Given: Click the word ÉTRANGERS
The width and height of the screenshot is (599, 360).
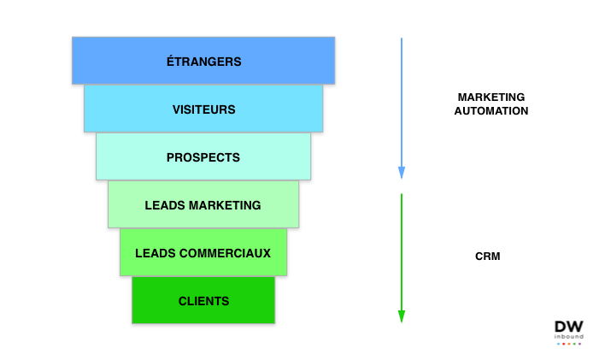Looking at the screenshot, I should (203, 62).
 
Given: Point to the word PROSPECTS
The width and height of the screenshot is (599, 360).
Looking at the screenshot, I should (203, 157).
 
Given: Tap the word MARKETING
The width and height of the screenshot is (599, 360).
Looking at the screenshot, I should (226, 205).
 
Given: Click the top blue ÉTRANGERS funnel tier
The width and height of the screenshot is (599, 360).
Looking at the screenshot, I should (103, 62).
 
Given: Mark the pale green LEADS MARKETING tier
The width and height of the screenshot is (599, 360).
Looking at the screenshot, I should (124, 205).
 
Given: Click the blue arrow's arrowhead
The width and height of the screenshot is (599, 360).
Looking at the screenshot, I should (402, 173).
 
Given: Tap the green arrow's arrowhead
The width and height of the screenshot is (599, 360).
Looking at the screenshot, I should (402, 316).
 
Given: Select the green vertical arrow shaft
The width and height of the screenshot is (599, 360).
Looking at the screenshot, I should (402, 248).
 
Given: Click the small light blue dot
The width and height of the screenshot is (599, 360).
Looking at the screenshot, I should (558, 344).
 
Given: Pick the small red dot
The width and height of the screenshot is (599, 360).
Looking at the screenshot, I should (563, 344).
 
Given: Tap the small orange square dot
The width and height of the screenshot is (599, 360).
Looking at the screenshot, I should (569, 344).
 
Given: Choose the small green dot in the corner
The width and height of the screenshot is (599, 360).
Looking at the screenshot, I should (574, 344).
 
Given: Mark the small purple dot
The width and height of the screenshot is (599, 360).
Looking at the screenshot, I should (579, 344).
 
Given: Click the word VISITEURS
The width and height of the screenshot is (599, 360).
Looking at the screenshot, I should (203, 109).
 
